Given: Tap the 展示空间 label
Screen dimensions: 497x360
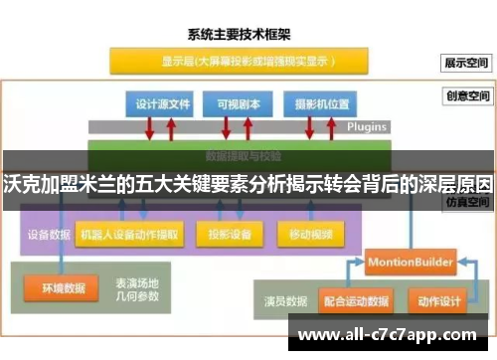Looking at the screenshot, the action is (468, 62).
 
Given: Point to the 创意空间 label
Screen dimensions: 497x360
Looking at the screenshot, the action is (468, 96).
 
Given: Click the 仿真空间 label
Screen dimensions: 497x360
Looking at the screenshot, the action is (468, 200).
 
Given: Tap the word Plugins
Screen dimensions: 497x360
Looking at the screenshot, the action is (367, 127).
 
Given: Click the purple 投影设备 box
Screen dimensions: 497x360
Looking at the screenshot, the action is (230, 235).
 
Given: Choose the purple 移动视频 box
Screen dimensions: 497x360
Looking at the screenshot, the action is (311, 235).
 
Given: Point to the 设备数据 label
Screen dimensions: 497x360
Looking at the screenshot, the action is (47, 235).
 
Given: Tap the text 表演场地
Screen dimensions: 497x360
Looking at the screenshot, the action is (138, 281).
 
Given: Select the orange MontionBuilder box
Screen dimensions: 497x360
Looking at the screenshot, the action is (410, 261).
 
